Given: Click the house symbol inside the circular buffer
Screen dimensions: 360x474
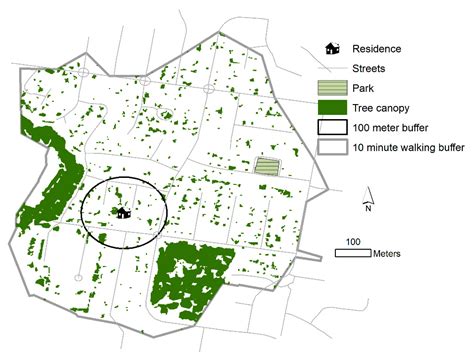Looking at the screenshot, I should (122, 211).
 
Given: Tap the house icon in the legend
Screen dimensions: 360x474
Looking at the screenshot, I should (332, 48).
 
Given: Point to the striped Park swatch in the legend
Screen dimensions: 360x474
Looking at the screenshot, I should (332, 88).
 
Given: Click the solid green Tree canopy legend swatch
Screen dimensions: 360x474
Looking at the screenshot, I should (332, 108).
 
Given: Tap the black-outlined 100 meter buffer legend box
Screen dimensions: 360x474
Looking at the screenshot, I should (332, 128).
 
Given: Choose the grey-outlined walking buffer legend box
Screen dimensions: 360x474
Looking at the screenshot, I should (332, 148).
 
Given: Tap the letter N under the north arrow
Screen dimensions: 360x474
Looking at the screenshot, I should (369, 209).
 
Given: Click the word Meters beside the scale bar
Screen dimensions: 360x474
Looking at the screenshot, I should (387, 253).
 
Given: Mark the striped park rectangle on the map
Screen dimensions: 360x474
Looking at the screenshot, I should (267, 165).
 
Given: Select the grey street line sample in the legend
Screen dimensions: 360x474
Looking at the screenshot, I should (332, 68).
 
